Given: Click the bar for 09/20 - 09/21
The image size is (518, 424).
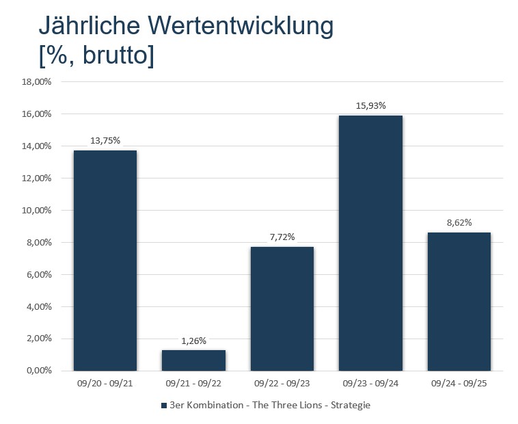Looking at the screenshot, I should (x=105, y=260).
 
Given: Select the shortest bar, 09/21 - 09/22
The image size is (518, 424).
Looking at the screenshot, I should (x=193, y=360).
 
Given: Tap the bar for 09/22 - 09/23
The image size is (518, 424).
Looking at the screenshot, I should (x=282, y=308).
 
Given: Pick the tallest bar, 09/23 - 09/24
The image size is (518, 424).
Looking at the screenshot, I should (x=370, y=243).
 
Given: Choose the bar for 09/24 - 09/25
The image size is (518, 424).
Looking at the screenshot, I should (x=459, y=302).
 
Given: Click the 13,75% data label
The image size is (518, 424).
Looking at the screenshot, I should (x=105, y=140).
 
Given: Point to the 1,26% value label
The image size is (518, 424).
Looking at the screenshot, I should (x=193, y=341).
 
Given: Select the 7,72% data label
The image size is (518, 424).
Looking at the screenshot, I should (x=282, y=237).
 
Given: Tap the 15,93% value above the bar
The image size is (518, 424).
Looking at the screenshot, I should (x=370, y=105).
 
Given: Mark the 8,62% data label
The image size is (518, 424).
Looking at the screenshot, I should (x=459, y=222).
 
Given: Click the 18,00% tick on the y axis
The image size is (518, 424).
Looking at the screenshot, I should (x=37, y=82).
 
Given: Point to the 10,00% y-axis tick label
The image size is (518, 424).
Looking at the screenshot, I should (x=37, y=211).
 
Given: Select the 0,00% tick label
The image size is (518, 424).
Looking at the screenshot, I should (x=39, y=371).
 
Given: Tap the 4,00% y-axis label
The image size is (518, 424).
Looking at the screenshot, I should (x=39, y=306).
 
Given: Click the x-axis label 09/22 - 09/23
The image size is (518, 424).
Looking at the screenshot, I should (x=282, y=384).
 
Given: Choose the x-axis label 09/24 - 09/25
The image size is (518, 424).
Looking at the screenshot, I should (x=459, y=384).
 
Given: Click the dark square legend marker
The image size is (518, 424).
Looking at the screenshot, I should (x=163, y=406).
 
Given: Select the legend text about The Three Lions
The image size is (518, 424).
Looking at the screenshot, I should (x=270, y=406).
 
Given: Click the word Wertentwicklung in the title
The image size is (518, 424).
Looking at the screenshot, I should (x=236, y=26).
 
